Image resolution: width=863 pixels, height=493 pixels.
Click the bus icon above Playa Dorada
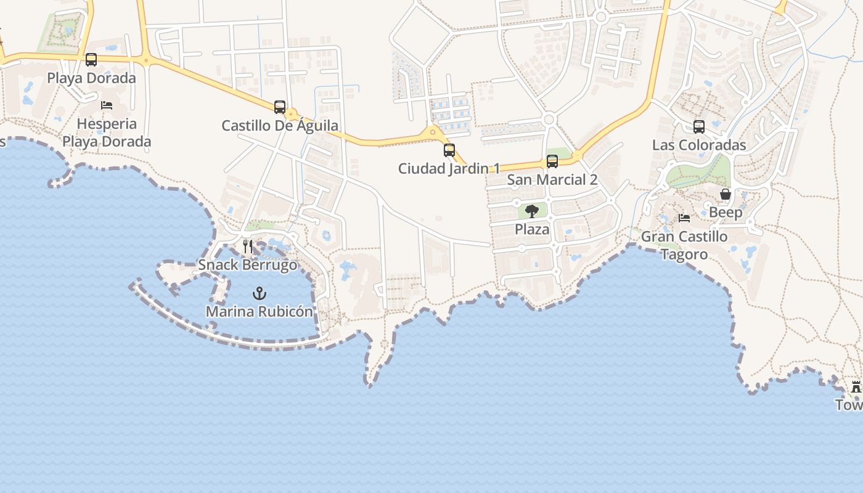pyautogui.click(x=91, y=60)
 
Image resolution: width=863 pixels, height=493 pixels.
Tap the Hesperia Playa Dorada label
pyautogui.click(x=107, y=132)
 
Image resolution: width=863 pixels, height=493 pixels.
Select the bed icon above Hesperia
pyautogui.click(x=107, y=105)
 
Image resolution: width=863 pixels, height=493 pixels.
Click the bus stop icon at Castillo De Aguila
pyautogui.click(x=280, y=107)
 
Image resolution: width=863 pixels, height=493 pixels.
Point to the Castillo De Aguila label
pyautogui.click(x=280, y=126)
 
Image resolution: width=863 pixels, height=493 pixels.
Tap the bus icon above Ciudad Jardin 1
pyautogui.click(x=449, y=150)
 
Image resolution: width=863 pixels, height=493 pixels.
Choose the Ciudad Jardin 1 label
pyautogui.click(x=449, y=168)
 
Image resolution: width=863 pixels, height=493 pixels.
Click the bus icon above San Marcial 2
pyautogui.click(x=552, y=161)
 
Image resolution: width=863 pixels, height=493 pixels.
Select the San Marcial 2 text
pyautogui.click(x=552, y=180)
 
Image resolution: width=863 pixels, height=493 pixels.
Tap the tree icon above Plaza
pyautogui.click(x=532, y=211)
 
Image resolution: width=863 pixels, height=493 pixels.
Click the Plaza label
pyautogui.click(x=532, y=229)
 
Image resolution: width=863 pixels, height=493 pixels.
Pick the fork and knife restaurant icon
pyautogui.click(x=248, y=246)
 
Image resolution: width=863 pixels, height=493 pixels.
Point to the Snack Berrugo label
pyautogui.click(x=248, y=265)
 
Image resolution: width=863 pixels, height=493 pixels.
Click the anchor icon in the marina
pyautogui.click(x=260, y=293)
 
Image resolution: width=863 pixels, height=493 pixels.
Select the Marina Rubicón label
pyautogui.click(x=260, y=311)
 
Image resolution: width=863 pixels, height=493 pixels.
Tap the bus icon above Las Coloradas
pyautogui.click(x=699, y=127)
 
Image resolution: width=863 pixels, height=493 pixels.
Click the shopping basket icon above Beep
pyautogui.click(x=726, y=194)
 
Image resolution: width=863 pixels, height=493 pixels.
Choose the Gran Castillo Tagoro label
pyautogui.click(x=684, y=245)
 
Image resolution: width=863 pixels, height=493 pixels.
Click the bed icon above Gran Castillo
pyautogui.click(x=684, y=218)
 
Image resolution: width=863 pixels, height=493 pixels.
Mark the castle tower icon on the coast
pyautogui.click(x=856, y=387)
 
